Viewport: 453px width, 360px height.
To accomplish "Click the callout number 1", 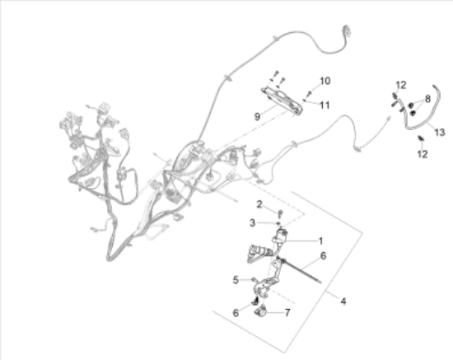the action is (320, 241).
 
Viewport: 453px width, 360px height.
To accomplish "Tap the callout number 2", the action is (259, 204).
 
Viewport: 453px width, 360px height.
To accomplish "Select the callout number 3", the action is (253, 222).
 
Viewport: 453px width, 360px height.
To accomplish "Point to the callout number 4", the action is (343, 302).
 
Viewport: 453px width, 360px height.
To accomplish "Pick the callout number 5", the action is (236, 279).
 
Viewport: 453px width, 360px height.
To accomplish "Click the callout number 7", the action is (287, 312).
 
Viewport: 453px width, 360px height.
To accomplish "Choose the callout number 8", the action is (427, 99).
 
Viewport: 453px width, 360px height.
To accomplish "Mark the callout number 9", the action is (257, 116).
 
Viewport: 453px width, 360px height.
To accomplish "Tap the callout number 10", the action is (325, 81).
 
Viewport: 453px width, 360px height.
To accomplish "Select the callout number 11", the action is (325, 105).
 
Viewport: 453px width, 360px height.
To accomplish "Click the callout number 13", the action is (440, 133).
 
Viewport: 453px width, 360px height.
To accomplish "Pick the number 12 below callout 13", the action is (422, 154).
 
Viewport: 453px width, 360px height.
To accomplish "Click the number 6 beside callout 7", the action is (236, 312).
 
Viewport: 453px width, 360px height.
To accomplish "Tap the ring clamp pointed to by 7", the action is (259, 312).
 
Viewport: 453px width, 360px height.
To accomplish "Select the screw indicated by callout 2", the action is (280, 214).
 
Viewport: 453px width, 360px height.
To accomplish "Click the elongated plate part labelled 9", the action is (282, 101).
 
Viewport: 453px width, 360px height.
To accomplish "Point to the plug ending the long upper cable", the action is (347, 30).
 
